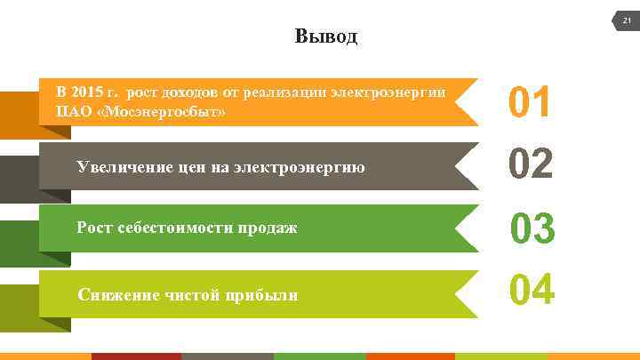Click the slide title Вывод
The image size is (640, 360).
point(325,37)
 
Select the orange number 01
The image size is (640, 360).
point(530,102)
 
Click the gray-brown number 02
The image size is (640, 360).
point(531,164)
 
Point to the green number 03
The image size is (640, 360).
point(532,228)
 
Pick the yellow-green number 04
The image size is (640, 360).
point(532,290)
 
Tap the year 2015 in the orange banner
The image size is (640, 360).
point(86,92)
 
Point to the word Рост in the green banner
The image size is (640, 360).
point(94,228)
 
